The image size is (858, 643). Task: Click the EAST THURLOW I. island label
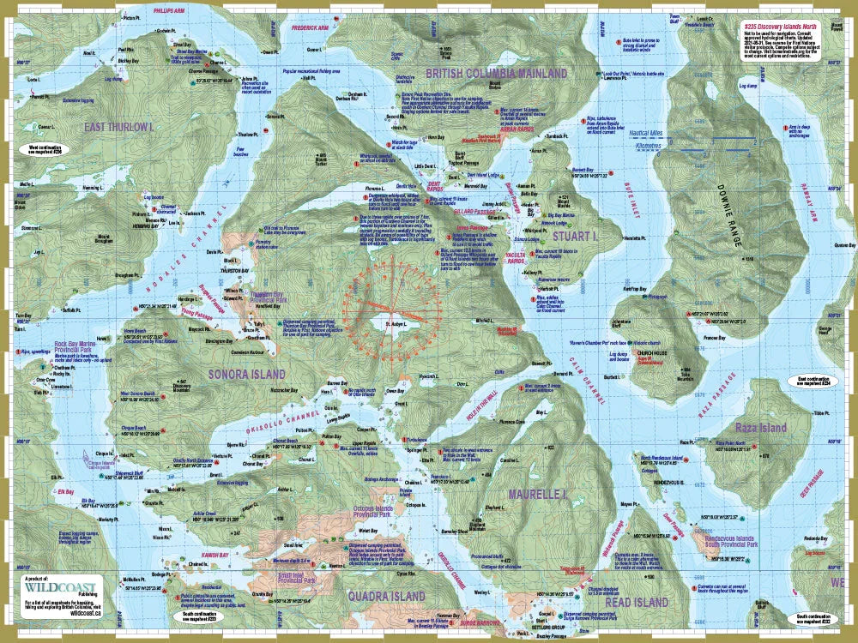(x=119, y=127)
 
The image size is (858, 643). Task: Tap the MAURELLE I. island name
(x=537, y=495)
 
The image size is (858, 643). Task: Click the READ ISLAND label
(x=636, y=603)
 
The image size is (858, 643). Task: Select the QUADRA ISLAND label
(x=386, y=595)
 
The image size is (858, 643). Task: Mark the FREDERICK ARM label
(x=311, y=27)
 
